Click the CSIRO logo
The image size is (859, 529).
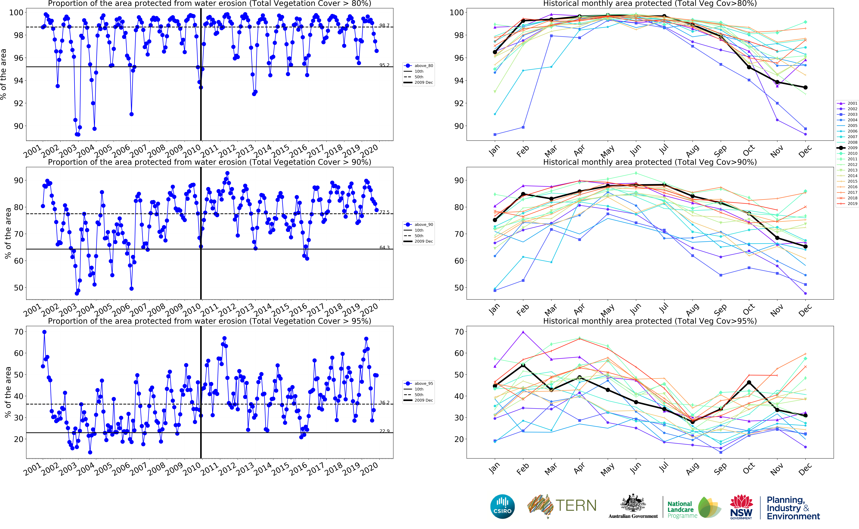click(502, 507)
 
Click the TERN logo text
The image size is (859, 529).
click(576, 506)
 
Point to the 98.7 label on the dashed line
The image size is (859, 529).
click(384, 25)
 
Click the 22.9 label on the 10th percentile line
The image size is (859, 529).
click(384, 431)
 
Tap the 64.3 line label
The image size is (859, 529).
click(384, 247)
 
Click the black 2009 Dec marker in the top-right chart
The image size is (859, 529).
click(805, 87)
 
